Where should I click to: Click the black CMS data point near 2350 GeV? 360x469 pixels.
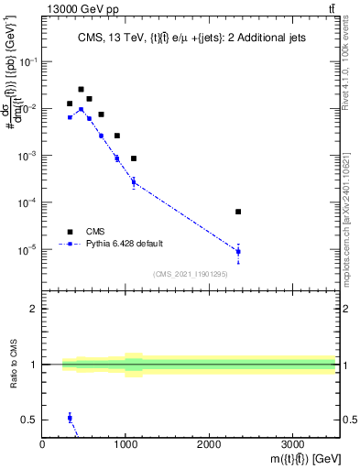pyautogui.click(x=238, y=212)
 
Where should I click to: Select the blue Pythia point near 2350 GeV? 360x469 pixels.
pyautogui.click(x=238, y=251)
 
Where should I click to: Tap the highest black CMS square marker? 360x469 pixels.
pyautogui.click(x=81, y=90)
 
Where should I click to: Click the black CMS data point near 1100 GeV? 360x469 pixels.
pyautogui.click(x=134, y=158)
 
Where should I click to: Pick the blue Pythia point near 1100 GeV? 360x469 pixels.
pyautogui.click(x=134, y=182)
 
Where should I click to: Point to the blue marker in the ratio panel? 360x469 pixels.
pyautogui.click(x=70, y=418)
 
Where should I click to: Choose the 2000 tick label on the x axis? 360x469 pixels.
pyautogui.click(x=209, y=445)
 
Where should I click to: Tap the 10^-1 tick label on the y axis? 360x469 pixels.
pyautogui.click(x=28, y=61)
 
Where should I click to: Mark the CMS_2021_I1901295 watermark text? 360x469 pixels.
pyautogui.click(x=191, y=273)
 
